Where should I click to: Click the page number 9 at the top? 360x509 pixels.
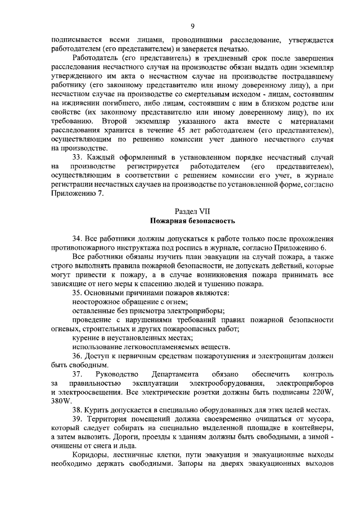192,26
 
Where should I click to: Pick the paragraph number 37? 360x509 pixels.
78,374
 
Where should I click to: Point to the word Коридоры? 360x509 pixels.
91,454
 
